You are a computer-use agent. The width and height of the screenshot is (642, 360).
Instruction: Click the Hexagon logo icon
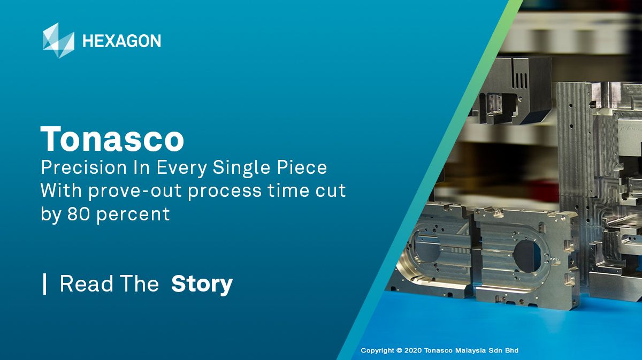[58, 40]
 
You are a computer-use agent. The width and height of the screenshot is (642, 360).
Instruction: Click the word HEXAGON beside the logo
[121, 41]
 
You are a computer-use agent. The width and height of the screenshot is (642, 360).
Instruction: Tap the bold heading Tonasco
[112, 139]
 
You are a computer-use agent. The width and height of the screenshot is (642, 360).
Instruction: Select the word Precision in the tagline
[83, 167]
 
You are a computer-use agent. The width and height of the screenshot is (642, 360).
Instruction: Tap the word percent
[133, 215]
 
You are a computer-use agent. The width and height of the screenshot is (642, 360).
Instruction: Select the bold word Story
[202, 284]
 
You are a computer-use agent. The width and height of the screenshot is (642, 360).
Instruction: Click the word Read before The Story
[86, 284]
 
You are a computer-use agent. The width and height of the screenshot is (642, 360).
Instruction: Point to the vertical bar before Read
[44, 284]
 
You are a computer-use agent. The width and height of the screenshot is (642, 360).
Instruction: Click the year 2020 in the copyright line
[413, 350]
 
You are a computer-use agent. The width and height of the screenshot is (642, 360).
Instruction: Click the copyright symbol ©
[399, 350]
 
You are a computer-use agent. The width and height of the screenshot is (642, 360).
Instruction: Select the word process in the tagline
[225, 192]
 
